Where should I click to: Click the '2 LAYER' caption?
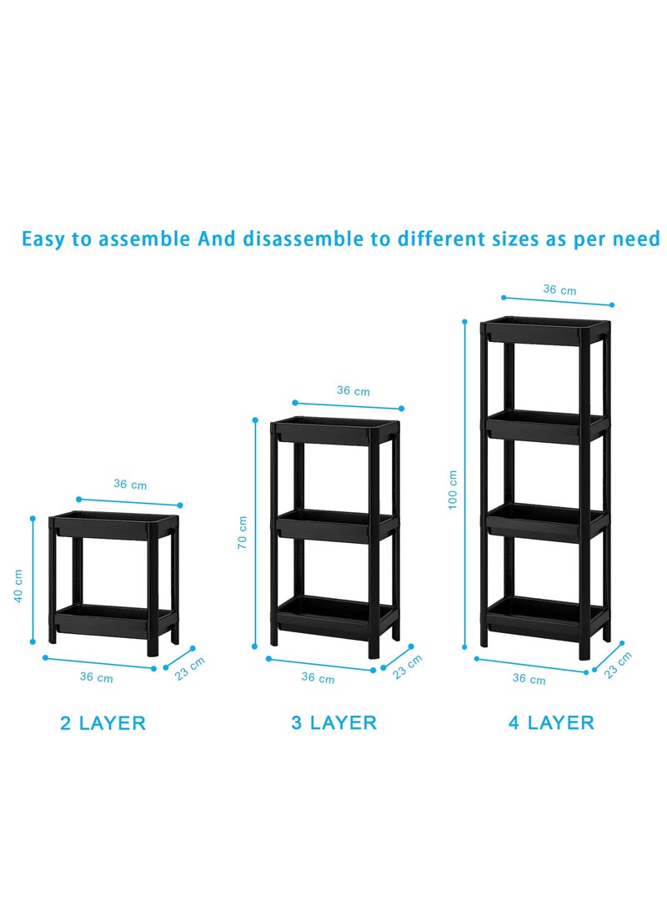tap(103, 723)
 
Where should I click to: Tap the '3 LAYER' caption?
tap(333, 722)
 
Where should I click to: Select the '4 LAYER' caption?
tap(551, 722)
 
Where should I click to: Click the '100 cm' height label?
tap(453, 490)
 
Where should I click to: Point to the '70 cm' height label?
tap(242, 532)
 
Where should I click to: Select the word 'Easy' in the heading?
tap(47, 239)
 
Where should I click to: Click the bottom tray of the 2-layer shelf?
tap(113, 620)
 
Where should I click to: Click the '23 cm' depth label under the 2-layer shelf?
tap(190, 669)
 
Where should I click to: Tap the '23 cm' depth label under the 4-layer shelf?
tap(618, 665)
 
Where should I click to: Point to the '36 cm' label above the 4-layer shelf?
tap(559, 289)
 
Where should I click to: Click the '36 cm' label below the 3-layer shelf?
tap(318, 678)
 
